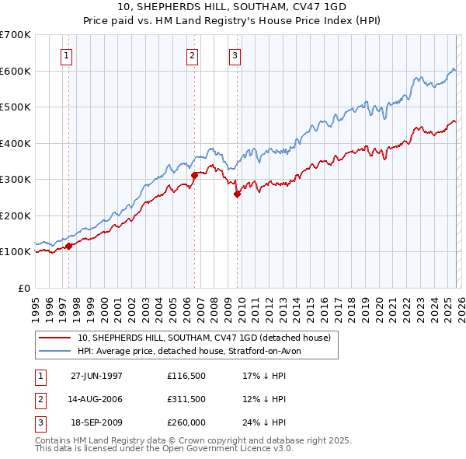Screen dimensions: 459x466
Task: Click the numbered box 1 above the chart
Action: click(67, 55)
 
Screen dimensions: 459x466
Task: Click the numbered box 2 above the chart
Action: click(192, 55)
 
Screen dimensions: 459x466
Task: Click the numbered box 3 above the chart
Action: click(235, 55)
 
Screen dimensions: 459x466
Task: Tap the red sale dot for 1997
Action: click(68, 246)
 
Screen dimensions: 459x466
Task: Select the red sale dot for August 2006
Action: click(194, 176)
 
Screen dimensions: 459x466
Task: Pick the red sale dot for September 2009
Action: click(237, 194)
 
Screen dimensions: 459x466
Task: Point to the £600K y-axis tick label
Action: click(16, 71)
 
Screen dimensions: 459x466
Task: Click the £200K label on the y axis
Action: click(16, 215)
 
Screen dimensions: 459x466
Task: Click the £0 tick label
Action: click(23, 288)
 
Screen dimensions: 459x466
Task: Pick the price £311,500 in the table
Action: click(186, 399)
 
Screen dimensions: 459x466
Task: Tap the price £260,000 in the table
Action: click(186, 422)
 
